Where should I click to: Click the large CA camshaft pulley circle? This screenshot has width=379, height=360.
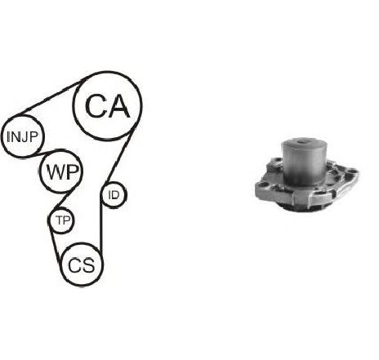click(x=108, y=73)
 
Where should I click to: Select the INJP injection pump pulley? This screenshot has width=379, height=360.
click(x=22, y=116)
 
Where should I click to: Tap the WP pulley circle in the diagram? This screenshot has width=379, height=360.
click(x=60, y=150)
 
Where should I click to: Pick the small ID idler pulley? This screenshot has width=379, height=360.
click(x=114, y=183)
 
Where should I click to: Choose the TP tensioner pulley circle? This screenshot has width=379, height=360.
click(x=62, y=208)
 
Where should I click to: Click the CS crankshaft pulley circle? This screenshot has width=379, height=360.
click(x=82, y=243)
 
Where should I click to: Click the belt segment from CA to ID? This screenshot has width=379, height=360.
click(x=120, y=158)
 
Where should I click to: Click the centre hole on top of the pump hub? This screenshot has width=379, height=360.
click(x=303, y=141)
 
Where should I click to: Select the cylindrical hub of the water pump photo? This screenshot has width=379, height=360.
click(x=303, y=161)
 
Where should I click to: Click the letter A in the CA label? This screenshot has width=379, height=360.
click(x=118, y=106)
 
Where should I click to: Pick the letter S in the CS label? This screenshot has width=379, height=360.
click(x=88, y=265)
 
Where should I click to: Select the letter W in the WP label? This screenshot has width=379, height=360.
click(x=56, y=172)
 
